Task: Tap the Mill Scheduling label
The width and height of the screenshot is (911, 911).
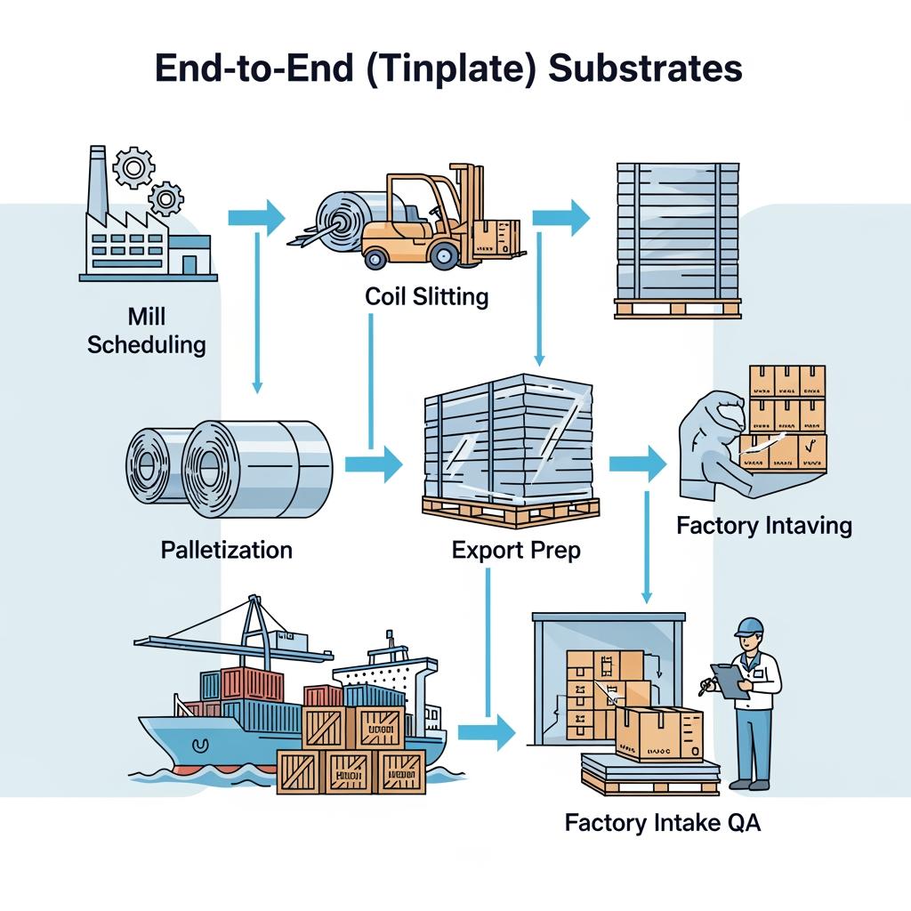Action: click(147, 330)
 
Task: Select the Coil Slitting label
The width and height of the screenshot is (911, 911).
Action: click(426, 296)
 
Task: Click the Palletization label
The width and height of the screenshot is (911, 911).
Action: click(227, 550)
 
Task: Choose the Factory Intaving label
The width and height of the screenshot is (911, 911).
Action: click(764, 526)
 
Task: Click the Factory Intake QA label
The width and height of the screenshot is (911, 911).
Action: click(663, 823)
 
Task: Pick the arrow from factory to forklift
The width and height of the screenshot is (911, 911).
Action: click(256, 216)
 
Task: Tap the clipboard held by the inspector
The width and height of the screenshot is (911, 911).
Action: click(727, 681)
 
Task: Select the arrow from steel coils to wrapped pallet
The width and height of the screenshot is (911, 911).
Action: click(374, 463)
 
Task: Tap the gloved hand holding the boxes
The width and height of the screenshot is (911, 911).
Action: click(712, 445)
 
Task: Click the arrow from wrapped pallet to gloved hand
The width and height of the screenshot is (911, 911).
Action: click(638, 463)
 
